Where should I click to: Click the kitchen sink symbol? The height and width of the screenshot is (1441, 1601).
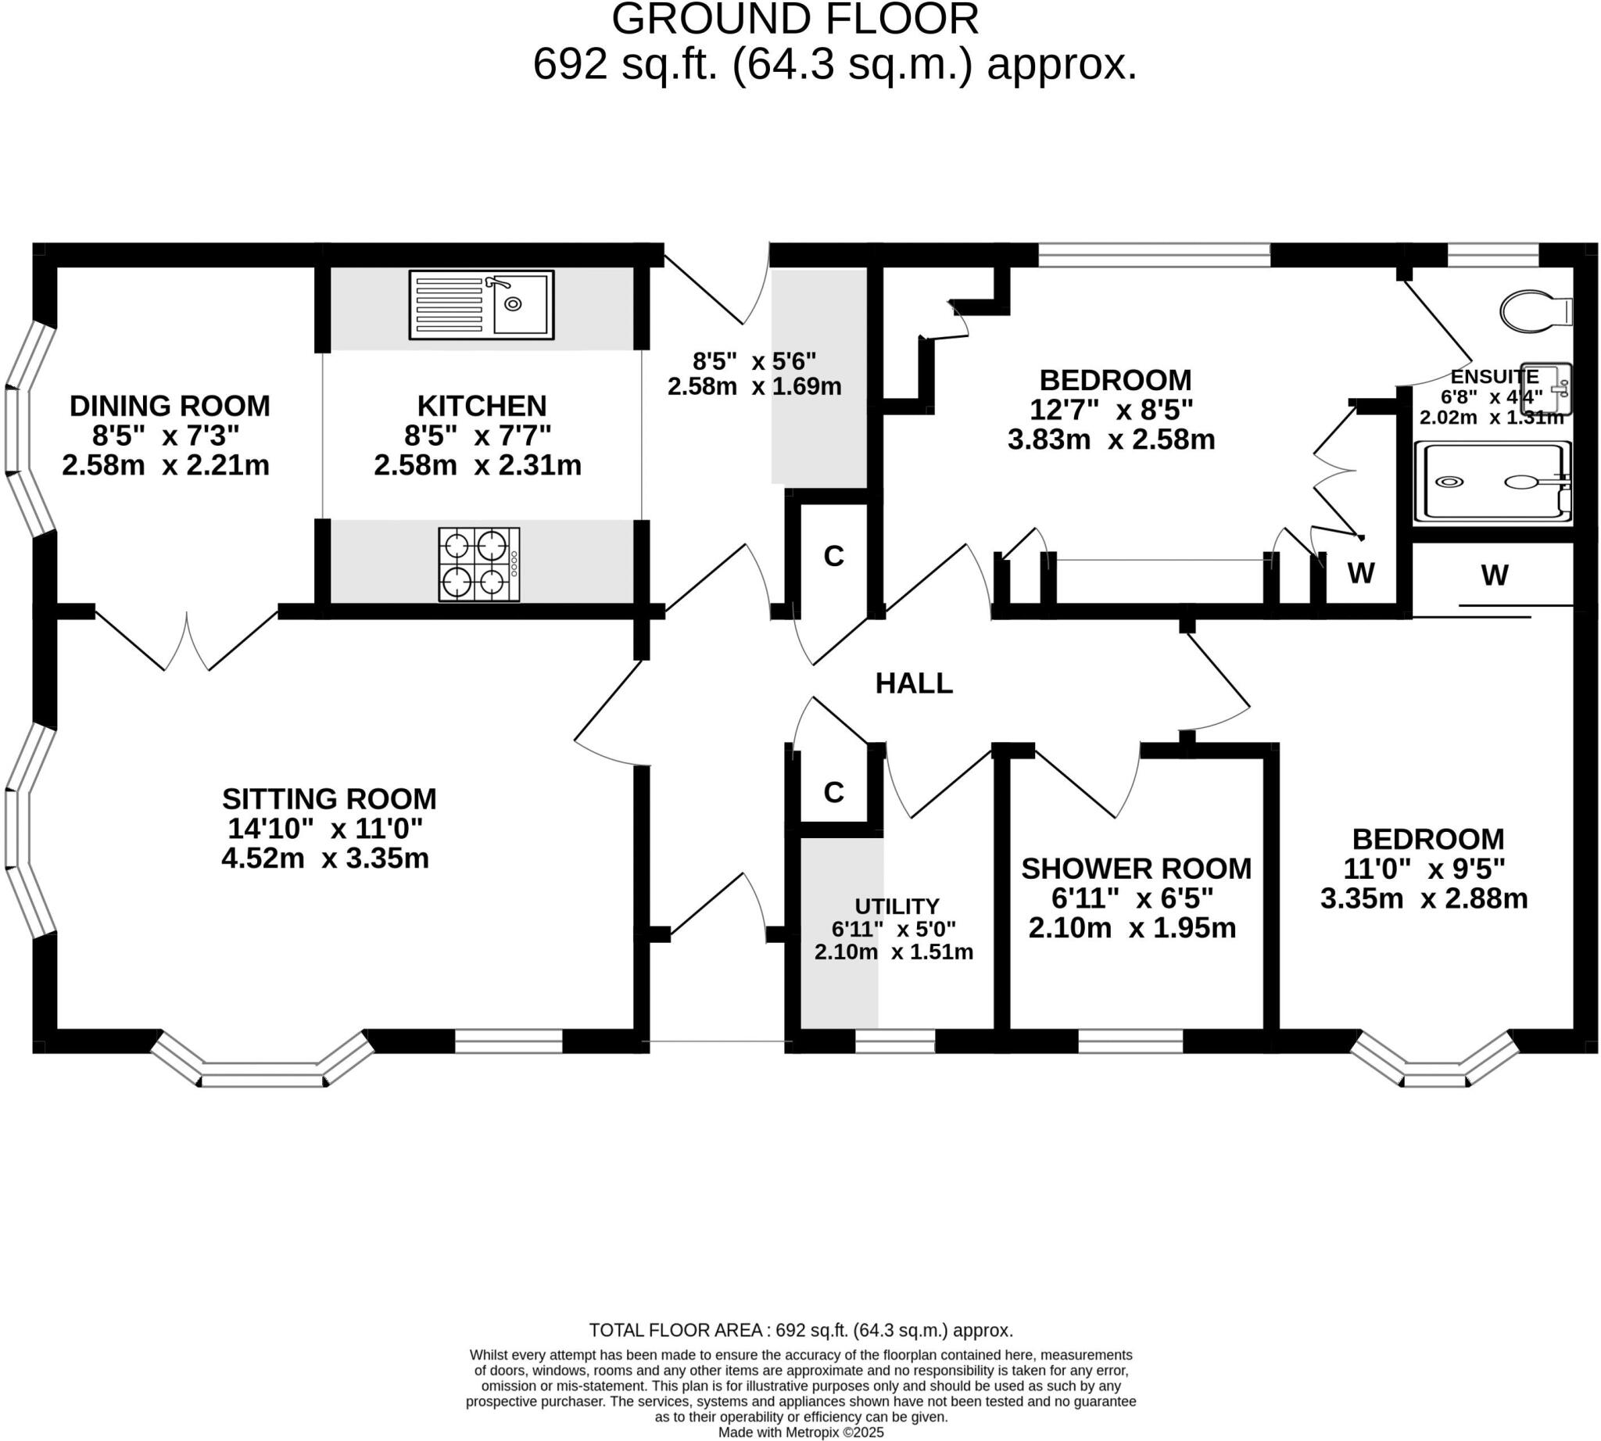(x=481, y=305)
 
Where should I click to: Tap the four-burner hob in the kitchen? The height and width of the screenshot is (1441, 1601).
(x=478, y=565)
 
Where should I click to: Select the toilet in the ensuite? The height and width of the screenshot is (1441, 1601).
(x=1534, y=311)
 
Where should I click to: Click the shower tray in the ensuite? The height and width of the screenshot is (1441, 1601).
(x=1492, y=482)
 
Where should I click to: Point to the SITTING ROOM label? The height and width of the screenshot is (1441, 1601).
(x=328, y=798)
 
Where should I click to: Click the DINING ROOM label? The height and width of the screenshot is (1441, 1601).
(x=170, y=405)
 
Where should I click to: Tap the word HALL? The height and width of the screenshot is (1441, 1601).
(x=913, y=683)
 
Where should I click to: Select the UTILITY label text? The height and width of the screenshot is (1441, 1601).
(x=897, y=905)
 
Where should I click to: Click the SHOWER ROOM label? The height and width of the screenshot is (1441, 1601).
(x=1135, y=869)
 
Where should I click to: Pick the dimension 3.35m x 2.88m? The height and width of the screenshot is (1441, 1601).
(x=1423, y=898)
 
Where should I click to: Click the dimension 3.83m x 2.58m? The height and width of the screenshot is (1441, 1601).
(x=1110, y=439)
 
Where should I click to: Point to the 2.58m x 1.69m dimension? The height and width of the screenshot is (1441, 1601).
(x=754, y=387)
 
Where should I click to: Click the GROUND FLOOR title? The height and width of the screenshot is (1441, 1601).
(x=794, y=19)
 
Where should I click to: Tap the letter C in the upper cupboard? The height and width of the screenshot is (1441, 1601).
(x=833, y=557)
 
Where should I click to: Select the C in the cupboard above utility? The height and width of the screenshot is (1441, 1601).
(x=833, y=792)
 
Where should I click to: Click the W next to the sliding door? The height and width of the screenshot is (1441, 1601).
(x=1493, y=575)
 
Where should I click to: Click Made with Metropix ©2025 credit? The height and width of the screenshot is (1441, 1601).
(x=800, y=1432)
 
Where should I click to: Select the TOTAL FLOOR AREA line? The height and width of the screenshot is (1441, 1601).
(x=800, y=1330)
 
